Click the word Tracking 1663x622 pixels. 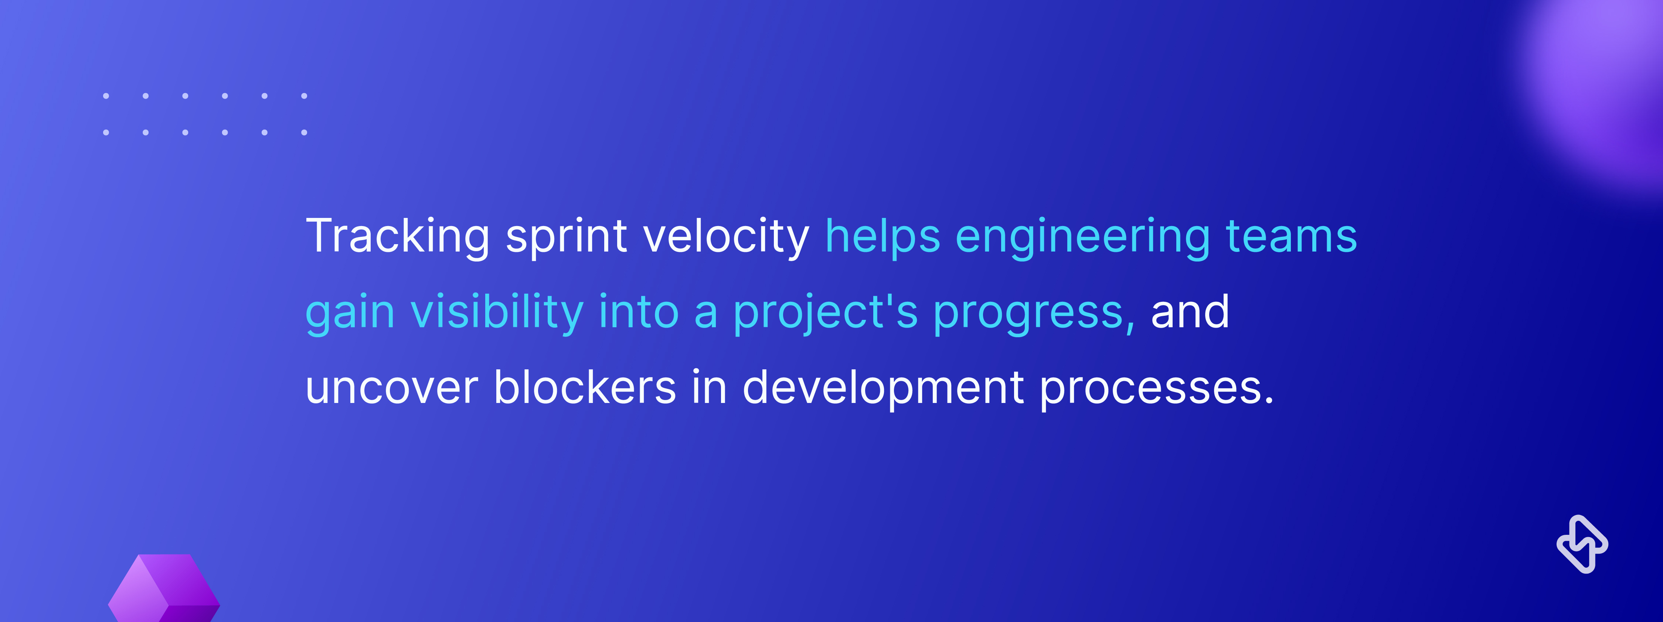coord(398,237)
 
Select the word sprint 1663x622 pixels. coord(566,237)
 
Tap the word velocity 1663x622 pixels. coord(726,237)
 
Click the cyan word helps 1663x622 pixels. coord(882,237)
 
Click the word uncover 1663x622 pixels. coord(392,389)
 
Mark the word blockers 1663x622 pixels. coord(585,387)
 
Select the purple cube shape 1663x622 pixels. coord(164,588)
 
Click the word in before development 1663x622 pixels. coord(710,387)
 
